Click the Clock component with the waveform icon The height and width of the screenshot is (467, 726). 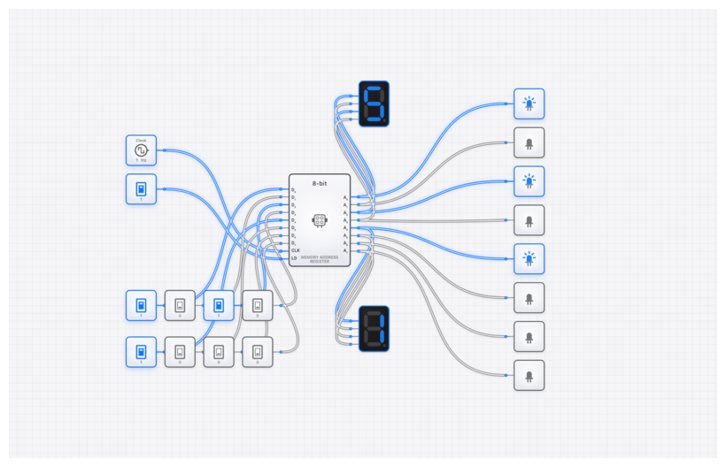[141, 149]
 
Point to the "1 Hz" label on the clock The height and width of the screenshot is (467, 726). [141, 161]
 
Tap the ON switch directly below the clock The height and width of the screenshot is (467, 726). [141, 188]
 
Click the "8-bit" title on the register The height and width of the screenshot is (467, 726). [320, 183]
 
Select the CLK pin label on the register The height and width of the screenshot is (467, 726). [295, 250]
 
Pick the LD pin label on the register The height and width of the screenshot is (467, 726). [294, 258]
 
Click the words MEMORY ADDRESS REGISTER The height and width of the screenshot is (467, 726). [320, 259]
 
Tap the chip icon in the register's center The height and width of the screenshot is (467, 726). [320, 219]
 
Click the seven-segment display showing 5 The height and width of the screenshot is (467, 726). [374, 103]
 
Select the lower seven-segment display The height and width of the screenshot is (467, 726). [374, 328]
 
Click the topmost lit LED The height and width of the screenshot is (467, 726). [529, 103]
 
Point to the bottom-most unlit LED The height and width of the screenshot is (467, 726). [529, 375]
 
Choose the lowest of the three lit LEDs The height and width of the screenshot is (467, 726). [529, 258]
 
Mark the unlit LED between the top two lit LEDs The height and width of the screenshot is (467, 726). [529, 142]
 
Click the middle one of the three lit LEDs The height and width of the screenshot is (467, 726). [529, 181]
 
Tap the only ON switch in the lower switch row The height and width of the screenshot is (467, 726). [141, 351]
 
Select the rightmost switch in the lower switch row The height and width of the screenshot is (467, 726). [258, 351]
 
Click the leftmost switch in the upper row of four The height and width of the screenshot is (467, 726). [141, 305]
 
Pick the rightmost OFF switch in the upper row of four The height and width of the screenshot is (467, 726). [258, 305]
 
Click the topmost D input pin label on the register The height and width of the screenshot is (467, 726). [294, 190]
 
